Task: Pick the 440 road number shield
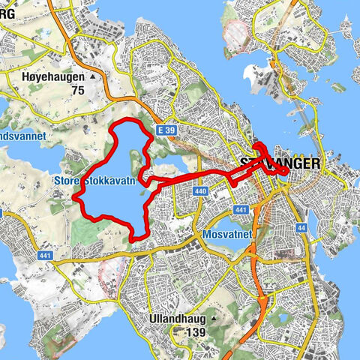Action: pyautogui.click(x=199, y=192)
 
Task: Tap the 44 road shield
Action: pyautogui.click(x=301, y=227)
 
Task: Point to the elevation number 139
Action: pyautogui.click(x=196, y=332)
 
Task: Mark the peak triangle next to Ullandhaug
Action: pyautogui.click(x=214, y=318)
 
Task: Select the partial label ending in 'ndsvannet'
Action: pyautogui.click(x=22, y=136)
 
